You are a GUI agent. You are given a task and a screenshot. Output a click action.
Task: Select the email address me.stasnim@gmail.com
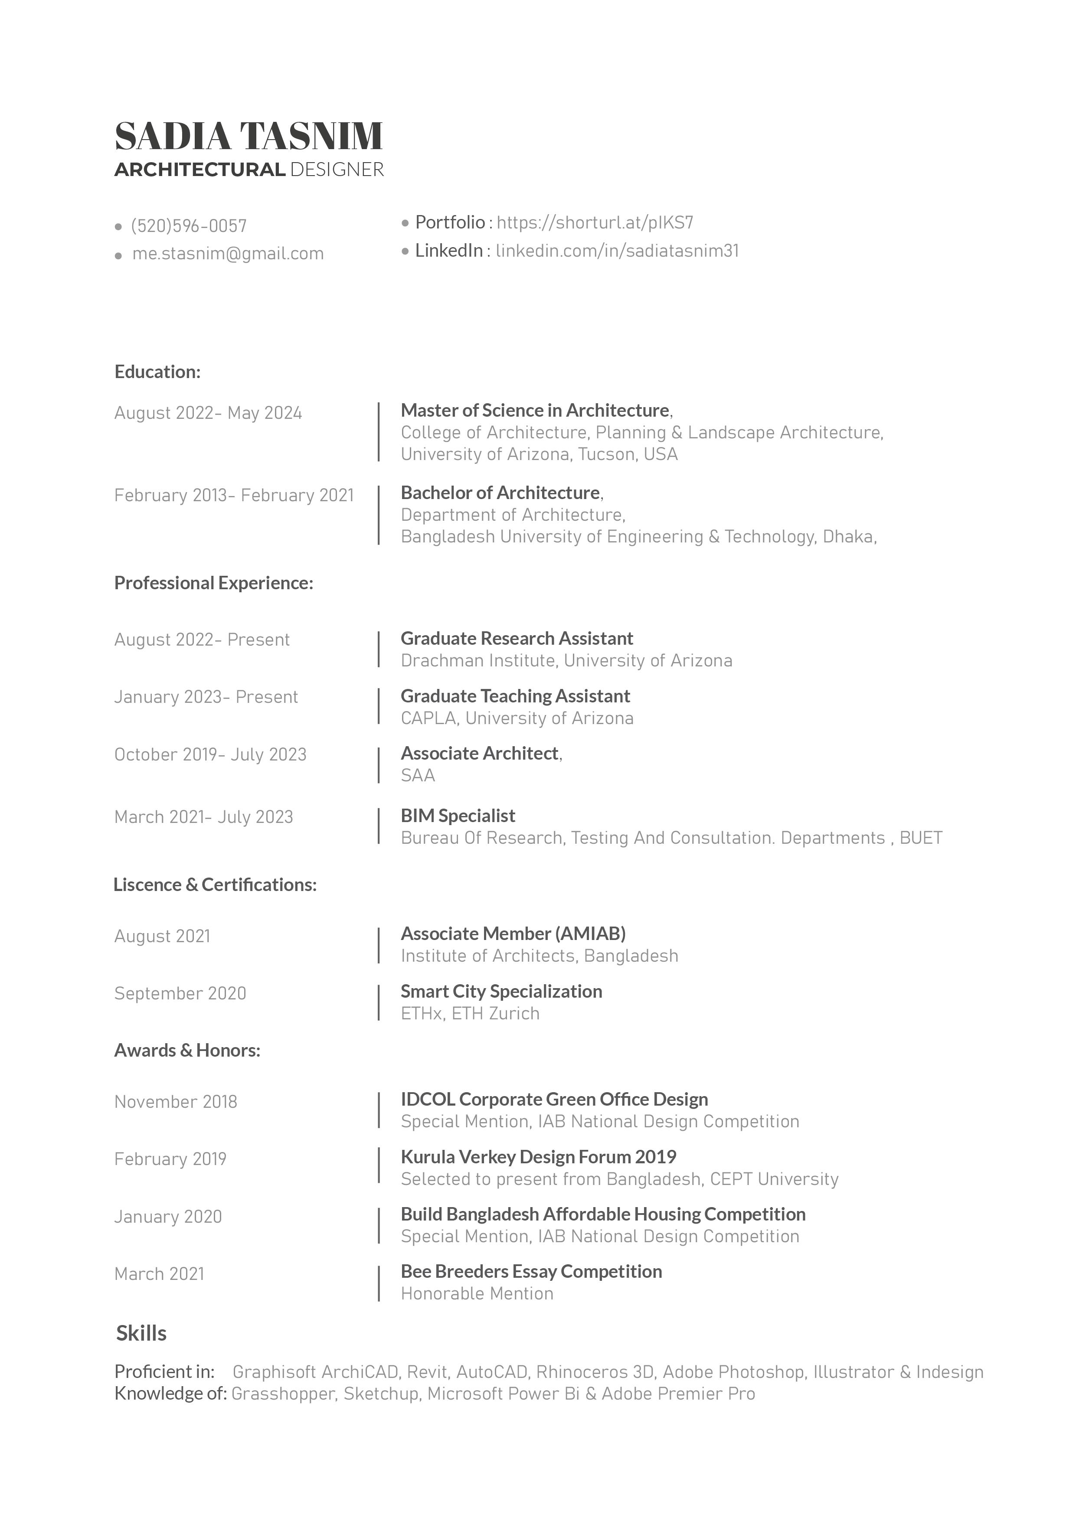click(228, 254)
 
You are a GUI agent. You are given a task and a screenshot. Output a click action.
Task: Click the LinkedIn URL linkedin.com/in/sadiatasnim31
click(617, 251)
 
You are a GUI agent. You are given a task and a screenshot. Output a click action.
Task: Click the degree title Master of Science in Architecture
click(535, 411)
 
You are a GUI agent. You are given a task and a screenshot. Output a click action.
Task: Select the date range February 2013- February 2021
click(234, 496)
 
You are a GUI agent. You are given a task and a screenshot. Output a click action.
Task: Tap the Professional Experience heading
click(213, 583)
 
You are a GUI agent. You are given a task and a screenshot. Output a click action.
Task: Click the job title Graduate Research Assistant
click(517, 639)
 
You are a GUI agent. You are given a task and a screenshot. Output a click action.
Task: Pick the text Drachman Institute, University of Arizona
click(566, 660)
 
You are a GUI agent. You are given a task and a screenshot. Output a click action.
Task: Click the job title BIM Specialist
click(458, 816)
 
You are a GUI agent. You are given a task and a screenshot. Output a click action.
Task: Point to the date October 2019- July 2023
click(210, 754)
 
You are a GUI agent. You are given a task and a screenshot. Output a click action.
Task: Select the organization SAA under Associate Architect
click(417, 776)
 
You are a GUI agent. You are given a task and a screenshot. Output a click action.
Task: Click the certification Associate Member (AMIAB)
click(513, 934)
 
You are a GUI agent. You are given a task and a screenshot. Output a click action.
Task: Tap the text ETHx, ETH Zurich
click(470, 1014)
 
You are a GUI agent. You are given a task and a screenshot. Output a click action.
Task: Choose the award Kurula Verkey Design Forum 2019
click(538, 1157)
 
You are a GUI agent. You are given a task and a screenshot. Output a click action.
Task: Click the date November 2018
click(176, 1102)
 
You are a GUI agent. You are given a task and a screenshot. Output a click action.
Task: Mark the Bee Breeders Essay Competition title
click(531, 1272)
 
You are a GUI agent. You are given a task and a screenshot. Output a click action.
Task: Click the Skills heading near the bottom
click(141, 1334)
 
